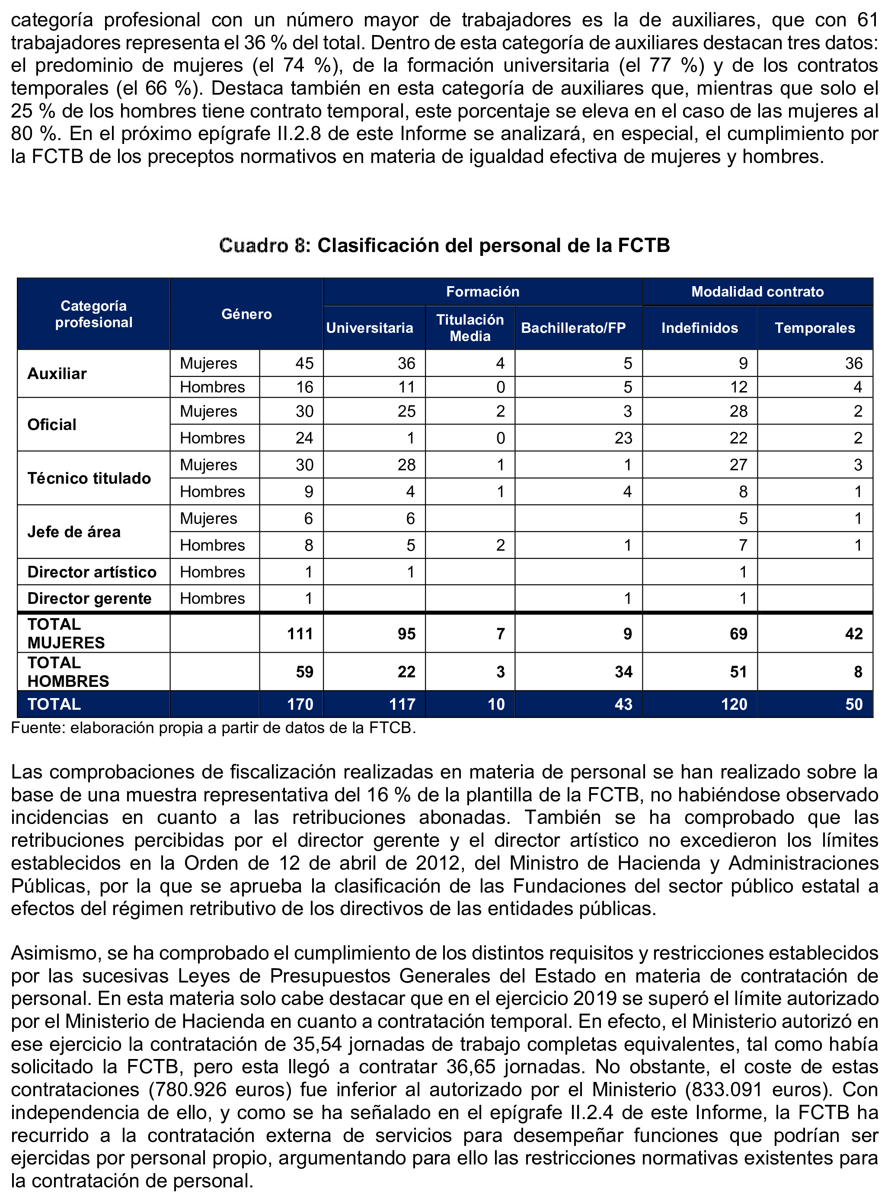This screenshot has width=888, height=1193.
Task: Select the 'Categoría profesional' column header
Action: click(x=93, y=314)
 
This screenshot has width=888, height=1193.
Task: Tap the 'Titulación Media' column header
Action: click(x=470, y=328)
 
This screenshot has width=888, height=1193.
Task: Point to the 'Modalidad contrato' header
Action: click(x=757, y=292)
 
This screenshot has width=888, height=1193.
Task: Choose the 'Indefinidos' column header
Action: click(x=700, y=328)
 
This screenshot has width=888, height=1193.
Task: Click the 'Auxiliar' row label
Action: click(x=57, y=373)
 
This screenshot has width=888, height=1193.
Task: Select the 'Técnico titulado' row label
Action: click(x=89, y=478)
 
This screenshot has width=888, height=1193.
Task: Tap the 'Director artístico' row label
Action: click(x=92, y=572)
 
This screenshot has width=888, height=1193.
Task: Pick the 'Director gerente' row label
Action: click(x=89, y=599)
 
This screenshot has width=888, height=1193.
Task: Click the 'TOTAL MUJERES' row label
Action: click(x=66, y=634)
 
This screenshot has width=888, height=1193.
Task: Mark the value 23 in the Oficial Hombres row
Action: click(x=623, y=438)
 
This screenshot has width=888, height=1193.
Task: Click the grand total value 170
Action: click(x=300, y=705)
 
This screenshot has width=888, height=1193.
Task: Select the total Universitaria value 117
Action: click(x=402, y=705)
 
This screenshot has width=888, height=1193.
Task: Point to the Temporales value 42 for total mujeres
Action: click(x=853, y=634)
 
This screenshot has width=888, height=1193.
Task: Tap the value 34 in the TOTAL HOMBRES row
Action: click(x=623, y=672)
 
